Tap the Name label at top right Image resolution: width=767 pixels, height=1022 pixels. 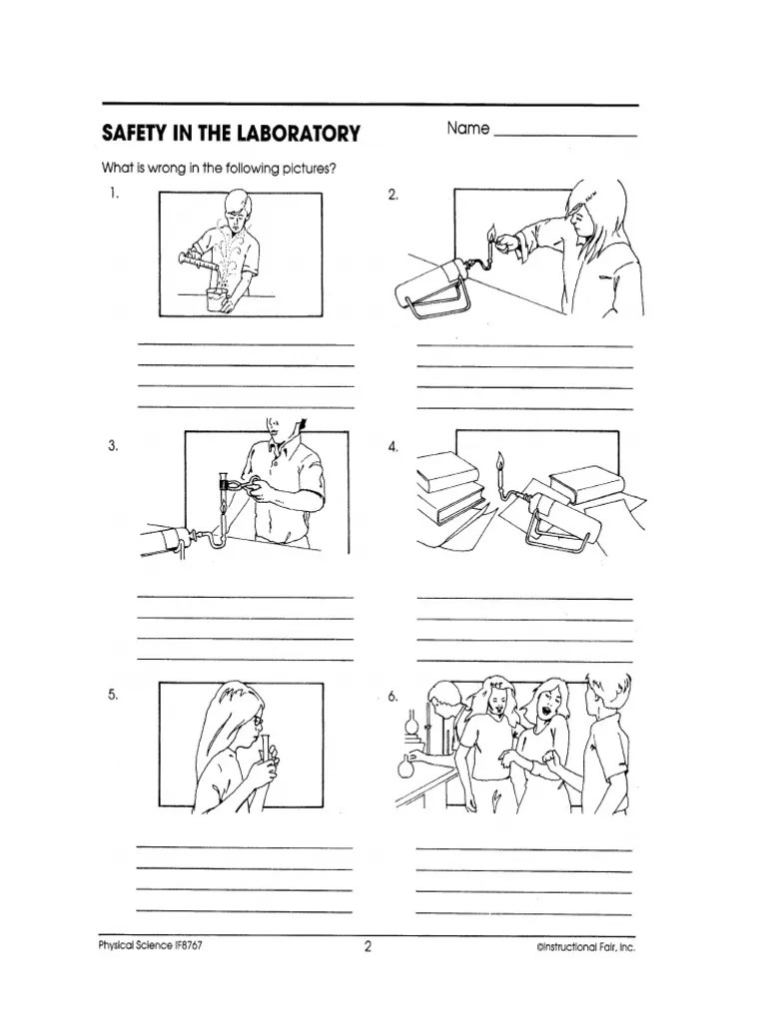pos(467,129)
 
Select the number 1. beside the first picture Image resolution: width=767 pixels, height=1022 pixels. pos(115,195)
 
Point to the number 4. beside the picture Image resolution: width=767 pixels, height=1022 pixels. pos(393,447)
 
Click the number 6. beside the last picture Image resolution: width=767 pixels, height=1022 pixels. pos(393,698)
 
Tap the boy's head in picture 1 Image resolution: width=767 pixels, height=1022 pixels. pos(238,208)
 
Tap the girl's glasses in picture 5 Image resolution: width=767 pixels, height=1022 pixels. pos(258,719)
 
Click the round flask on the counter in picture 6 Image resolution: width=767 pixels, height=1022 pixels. pos(405,767)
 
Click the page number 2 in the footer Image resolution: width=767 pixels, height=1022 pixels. pos(368,947)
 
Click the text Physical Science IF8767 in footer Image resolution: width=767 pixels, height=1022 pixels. pos(155,947)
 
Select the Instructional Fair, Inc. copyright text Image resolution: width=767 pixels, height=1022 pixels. pos(585,948)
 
